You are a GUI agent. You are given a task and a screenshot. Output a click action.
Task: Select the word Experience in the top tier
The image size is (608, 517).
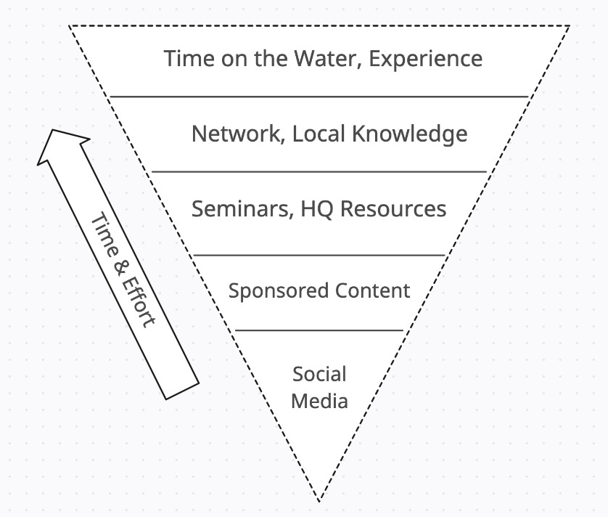click(425, 58)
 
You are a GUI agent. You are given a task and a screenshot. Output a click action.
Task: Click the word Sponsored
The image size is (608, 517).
click(279, 291)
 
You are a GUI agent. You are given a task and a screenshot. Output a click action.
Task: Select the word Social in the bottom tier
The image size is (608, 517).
click(319, 375)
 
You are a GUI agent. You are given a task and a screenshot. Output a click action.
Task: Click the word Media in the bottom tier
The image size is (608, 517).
click(319, 400)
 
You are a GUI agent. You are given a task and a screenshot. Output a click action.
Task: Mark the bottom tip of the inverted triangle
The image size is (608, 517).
click(319, 500)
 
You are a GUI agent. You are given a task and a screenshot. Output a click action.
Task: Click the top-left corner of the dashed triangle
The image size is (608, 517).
click(70, 26)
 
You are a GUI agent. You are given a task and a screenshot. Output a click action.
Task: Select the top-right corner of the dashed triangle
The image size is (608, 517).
click(569, 27)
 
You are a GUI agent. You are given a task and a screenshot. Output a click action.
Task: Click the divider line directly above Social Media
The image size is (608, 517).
click(319, 330)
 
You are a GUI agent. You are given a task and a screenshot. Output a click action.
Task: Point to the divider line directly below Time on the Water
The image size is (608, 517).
click(319, 97)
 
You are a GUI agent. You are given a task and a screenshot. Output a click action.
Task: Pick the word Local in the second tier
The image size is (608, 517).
click(319, 134)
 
